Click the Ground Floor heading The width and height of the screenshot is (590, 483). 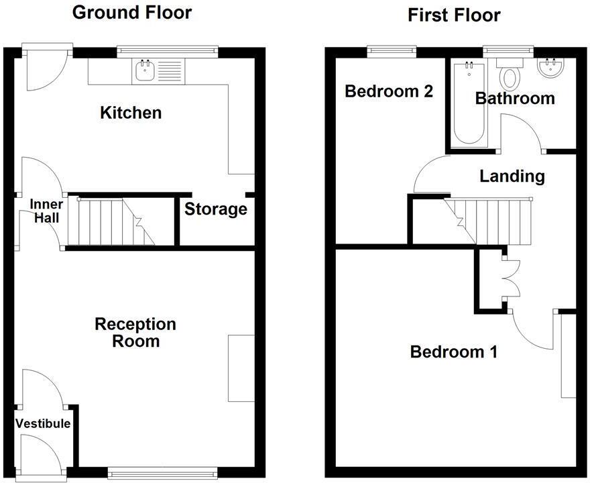pos(131,13)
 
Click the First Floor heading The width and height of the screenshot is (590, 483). pos(454,15)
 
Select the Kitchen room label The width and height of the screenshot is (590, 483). pos(131,113)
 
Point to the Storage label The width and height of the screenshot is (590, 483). pos(215,209)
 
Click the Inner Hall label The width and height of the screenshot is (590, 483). pos(46,211)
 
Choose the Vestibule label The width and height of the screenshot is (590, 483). pos(43,423)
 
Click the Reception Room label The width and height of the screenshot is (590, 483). pos(135,333)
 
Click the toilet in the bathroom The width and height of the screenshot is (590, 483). pos(509,75)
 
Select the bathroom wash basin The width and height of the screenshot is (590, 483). pos(552,68)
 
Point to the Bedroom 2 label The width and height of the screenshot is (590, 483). pos(389,91)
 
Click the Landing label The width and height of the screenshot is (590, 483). pos(512,176)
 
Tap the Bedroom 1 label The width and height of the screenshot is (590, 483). pos(454,352)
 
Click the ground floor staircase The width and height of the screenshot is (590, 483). pos(114,221)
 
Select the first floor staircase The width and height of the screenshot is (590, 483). pos(493,221)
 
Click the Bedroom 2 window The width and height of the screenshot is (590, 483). pos(392,49)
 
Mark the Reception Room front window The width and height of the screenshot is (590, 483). pos(162,471)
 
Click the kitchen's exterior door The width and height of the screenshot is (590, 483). pos(45,70)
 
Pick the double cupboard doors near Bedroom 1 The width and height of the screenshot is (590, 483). pos(511,278)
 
